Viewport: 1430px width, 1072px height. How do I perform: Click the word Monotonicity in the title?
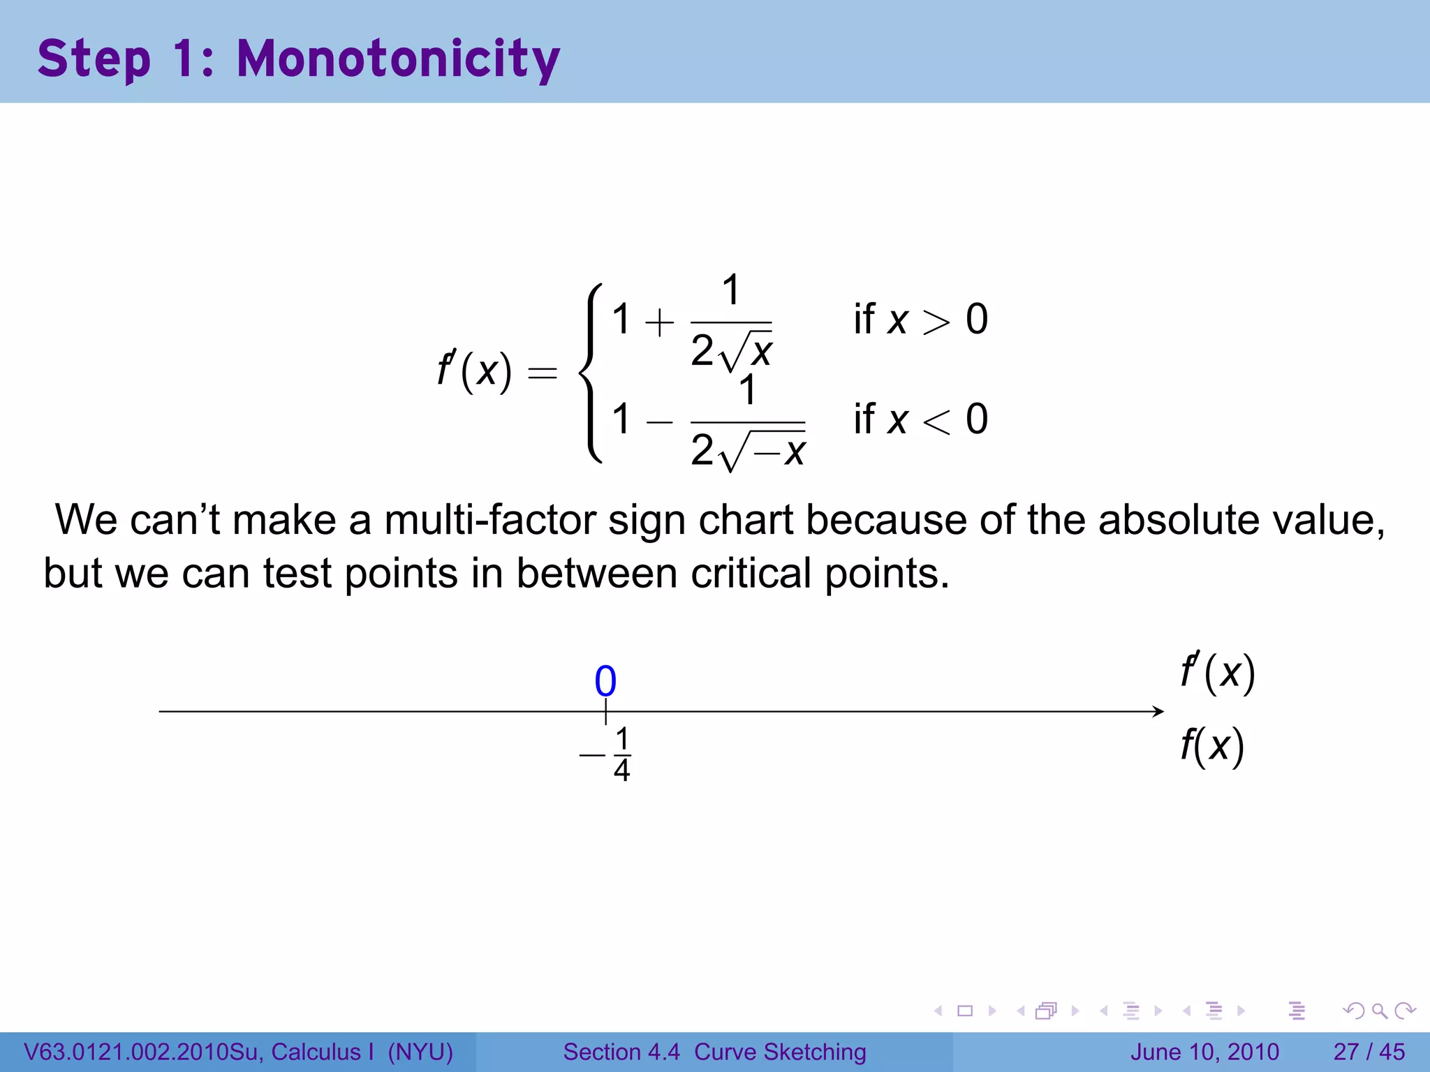(x=398, y=59)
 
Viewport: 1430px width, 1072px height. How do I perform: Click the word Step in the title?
(x=94, y=59)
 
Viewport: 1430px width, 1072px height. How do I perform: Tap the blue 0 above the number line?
(x=605, y=681)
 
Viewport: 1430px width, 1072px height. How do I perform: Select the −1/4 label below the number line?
(x=607, y=754)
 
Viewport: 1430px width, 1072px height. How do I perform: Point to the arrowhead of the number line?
(x=1158, y=711)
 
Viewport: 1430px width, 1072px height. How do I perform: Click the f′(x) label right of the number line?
(x=1218, y=672)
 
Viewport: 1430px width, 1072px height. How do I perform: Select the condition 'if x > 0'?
(x=920, y=320)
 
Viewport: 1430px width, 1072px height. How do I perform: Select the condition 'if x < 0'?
(x=920, y=419)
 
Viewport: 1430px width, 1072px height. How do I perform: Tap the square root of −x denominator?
(x=762, y=450)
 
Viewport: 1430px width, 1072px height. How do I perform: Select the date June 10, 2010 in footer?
(x=1204, y=1052)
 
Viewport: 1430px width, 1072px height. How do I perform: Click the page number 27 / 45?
(x=1369, y=1052)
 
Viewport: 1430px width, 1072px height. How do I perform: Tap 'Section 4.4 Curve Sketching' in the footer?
(x=714, y=1052)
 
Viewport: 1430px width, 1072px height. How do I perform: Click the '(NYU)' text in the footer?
(x=420, y=1052)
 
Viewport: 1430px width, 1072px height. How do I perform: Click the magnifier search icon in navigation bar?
(x=1379, y=1011)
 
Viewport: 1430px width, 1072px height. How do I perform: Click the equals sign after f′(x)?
(x=543, y=373)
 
